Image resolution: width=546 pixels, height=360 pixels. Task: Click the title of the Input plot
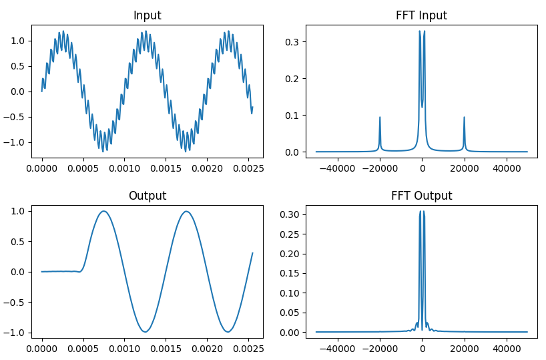(x=147, y=15)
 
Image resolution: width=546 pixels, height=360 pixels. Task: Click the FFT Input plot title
(x=421, y=15)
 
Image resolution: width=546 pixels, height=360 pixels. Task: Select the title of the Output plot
(x=147, y=196)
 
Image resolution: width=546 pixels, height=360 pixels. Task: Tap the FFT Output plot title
(x=421, y=196)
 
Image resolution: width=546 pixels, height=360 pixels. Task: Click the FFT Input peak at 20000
(x=464, y=118)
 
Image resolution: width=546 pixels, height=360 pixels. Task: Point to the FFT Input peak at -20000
(x=380, y=118)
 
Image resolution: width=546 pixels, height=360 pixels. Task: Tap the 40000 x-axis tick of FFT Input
(x=506, y=168)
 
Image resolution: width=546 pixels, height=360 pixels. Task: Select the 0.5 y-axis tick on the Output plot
(x=19, y=241)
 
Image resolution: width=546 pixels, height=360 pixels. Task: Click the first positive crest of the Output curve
(x=103, y=211)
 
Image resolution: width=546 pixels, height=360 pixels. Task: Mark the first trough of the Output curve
(x=145, y=332)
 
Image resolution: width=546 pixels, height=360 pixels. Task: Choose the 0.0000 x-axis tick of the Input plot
(x=42, y=168)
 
